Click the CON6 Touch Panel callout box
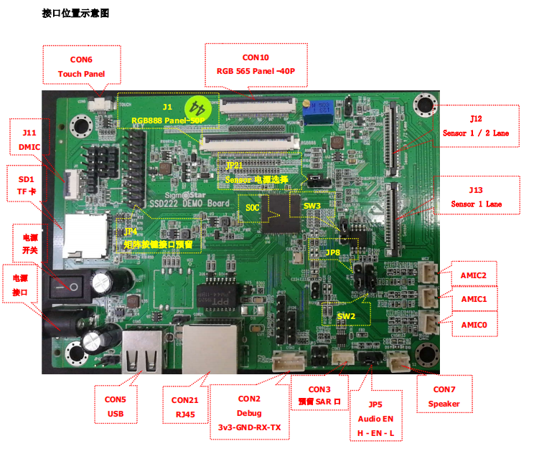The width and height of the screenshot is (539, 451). [81, 67]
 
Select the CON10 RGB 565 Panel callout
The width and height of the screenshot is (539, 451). [256, 65]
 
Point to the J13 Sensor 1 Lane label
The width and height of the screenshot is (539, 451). [476, 196]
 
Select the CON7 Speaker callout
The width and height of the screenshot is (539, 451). [444, 397]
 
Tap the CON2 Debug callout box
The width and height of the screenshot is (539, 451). [249, 412]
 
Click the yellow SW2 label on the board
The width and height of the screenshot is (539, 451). [346, 315]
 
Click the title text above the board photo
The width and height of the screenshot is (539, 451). [75, 14]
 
